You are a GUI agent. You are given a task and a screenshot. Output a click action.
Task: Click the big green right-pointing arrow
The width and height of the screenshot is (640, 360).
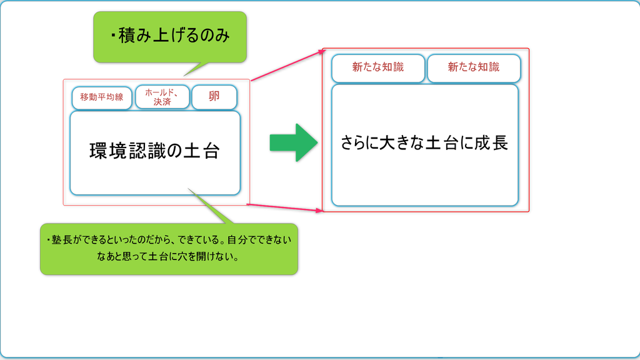[x=294, y=142]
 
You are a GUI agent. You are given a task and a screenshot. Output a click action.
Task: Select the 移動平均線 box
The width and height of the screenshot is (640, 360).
[x=102, y=97]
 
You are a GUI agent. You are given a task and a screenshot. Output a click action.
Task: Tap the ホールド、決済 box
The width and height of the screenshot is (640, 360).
[x=162, y=97]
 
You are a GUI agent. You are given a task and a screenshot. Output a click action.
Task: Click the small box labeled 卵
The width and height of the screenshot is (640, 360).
[x=214, y=97]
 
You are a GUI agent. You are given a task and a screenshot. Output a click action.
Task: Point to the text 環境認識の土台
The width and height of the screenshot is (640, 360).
[x=155, y=151]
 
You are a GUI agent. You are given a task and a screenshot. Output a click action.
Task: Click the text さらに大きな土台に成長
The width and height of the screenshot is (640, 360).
[x=424, y=143]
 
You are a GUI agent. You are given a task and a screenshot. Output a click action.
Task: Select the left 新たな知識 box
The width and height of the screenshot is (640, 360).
[x=378, y=68]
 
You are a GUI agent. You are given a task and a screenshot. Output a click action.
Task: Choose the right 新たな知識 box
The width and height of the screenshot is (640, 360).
[x=474, y=68]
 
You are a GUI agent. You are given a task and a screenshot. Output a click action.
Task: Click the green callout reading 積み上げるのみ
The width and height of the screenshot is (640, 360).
[x=170, y=37]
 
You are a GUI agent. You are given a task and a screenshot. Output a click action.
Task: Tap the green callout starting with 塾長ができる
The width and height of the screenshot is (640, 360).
[x=169, y=249]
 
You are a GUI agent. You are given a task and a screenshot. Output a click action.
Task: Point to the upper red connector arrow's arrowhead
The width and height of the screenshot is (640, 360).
[x=323, y=52]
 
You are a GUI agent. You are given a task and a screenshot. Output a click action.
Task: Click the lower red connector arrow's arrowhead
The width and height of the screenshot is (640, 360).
[x=319, y=210]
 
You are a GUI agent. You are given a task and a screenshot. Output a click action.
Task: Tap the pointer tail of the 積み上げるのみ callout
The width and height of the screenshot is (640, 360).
[x=195, y=69]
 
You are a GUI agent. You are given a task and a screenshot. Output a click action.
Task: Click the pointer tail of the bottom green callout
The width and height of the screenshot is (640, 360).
[x=209, y=206]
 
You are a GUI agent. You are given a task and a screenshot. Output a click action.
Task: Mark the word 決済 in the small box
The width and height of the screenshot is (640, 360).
[x=162, y=102]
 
